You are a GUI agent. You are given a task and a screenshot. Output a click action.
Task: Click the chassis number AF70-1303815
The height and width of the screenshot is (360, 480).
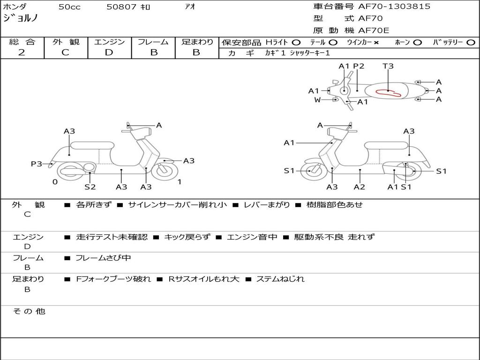[394, 7]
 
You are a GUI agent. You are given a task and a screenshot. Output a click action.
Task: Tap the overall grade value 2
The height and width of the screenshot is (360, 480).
[22, 52]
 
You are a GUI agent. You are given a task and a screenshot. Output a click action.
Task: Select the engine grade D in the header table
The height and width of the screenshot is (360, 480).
[109, 52]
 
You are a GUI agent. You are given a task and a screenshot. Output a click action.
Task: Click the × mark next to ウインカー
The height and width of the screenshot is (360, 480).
[376, 43]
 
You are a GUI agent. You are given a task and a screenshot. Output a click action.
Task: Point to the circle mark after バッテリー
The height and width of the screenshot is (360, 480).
[471, 43]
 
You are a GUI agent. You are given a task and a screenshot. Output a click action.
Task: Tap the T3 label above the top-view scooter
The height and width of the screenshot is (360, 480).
[388, 66]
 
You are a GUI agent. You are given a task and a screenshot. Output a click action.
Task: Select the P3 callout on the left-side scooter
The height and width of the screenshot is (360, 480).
[37, 164]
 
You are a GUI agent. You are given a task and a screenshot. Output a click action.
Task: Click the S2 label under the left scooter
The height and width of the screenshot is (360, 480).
[90, 187]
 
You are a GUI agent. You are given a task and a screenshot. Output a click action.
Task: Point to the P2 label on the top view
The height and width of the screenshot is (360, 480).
[359, 66]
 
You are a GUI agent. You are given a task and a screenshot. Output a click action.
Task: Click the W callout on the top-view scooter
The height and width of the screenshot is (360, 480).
[317, 99]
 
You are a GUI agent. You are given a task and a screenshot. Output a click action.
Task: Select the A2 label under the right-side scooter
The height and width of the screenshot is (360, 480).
[360, 187]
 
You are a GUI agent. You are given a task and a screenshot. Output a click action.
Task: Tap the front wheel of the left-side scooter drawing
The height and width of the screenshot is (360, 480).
[165, 171]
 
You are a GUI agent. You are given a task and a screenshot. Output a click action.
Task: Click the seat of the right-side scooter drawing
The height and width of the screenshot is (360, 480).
[386, 145]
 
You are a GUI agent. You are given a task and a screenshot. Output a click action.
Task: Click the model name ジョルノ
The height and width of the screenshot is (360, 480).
[20, 18]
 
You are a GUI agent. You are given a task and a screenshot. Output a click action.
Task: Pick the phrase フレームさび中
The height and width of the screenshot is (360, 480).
[103, 258]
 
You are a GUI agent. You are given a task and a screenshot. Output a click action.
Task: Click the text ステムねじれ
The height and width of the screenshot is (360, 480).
[280, 279]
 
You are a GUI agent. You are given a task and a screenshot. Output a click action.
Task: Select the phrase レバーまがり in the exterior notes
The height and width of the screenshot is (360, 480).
[267, 204]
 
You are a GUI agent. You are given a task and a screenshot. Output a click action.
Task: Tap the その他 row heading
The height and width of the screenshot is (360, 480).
[29, 311]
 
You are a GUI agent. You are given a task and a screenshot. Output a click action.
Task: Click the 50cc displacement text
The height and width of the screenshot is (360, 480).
[69, 7]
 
